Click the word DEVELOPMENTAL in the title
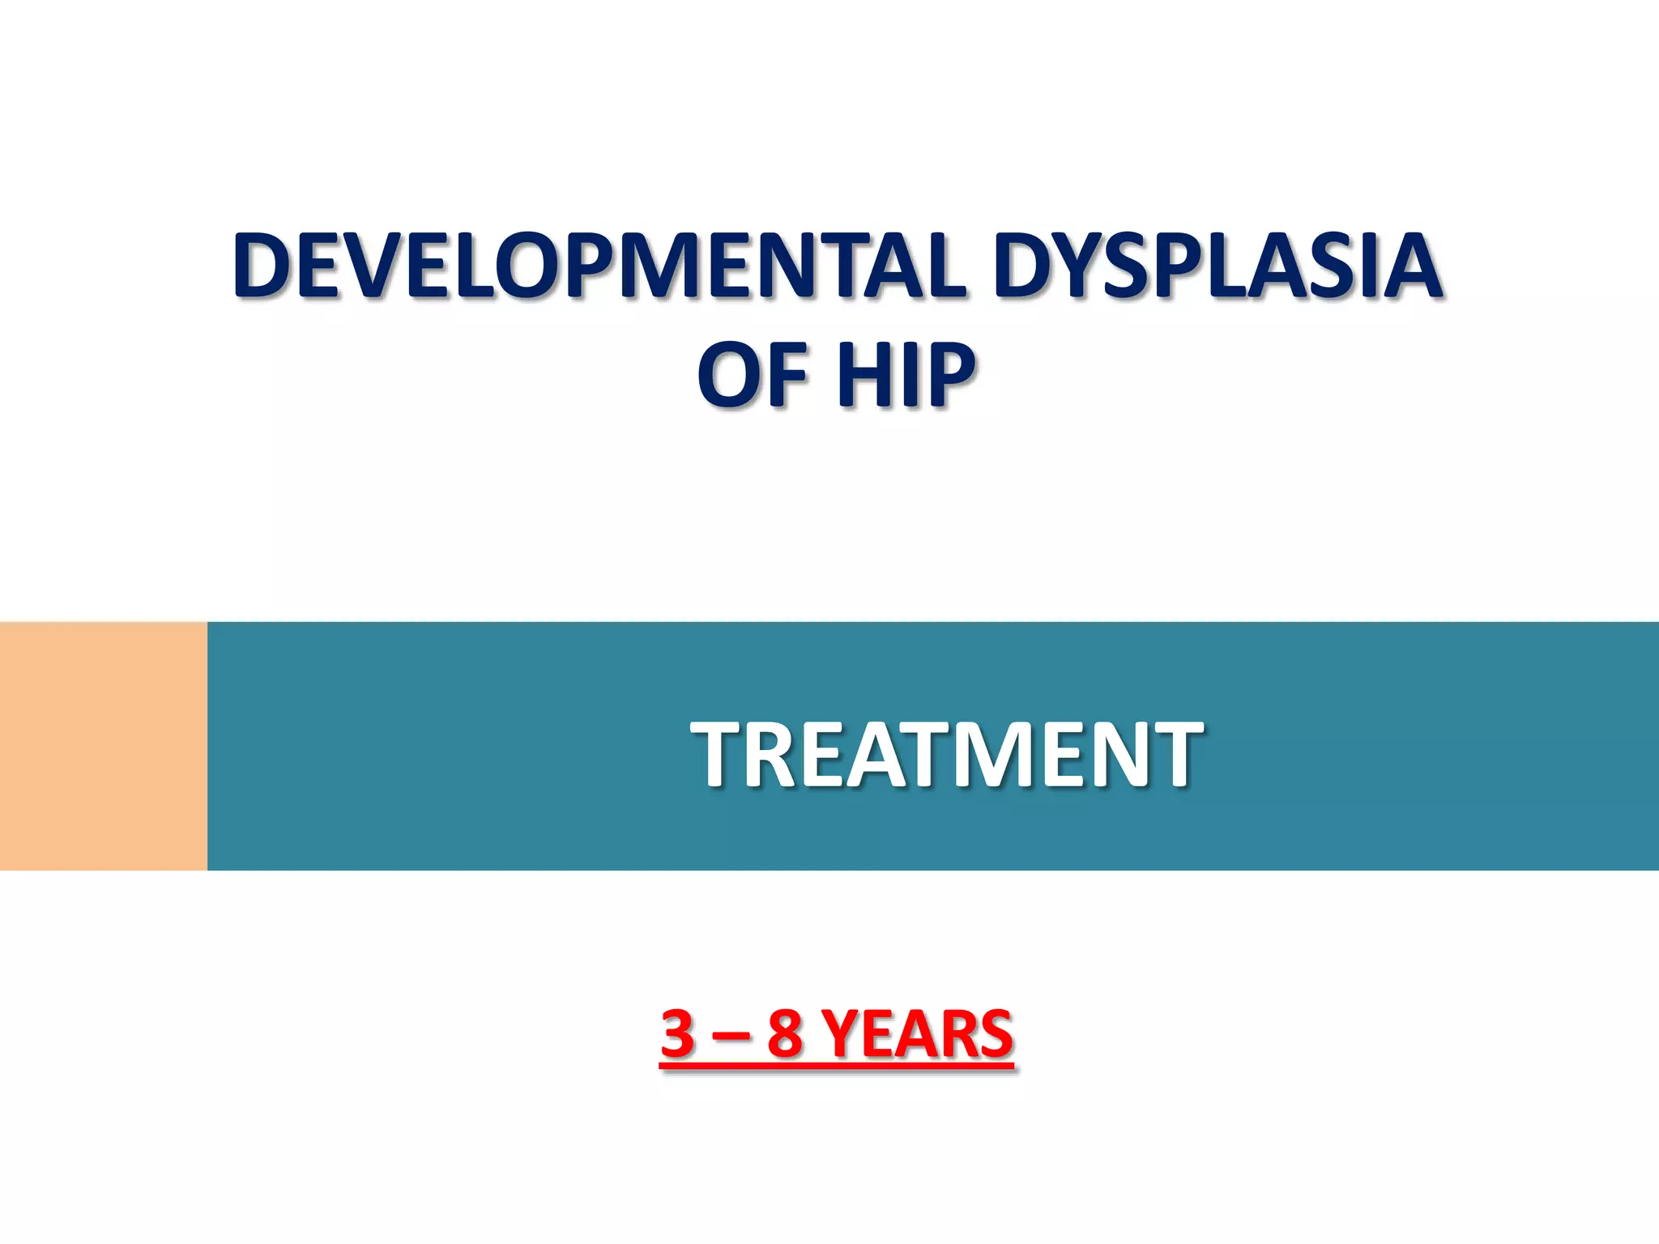(599, 266)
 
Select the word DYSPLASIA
(1218, 266)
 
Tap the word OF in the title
(754, 374)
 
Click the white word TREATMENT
(946, 755)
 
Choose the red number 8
(785, 1034)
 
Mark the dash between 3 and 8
(731, 1037)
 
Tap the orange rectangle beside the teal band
(104, 746)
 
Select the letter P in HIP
(949, 374)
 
